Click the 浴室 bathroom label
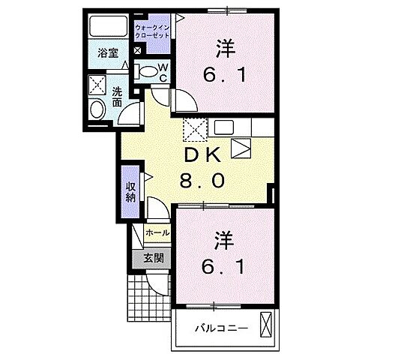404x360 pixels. (109, 52)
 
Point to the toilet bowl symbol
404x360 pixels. (148, 73)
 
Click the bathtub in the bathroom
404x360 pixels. (108, 29)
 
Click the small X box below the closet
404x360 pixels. (138, 50)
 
